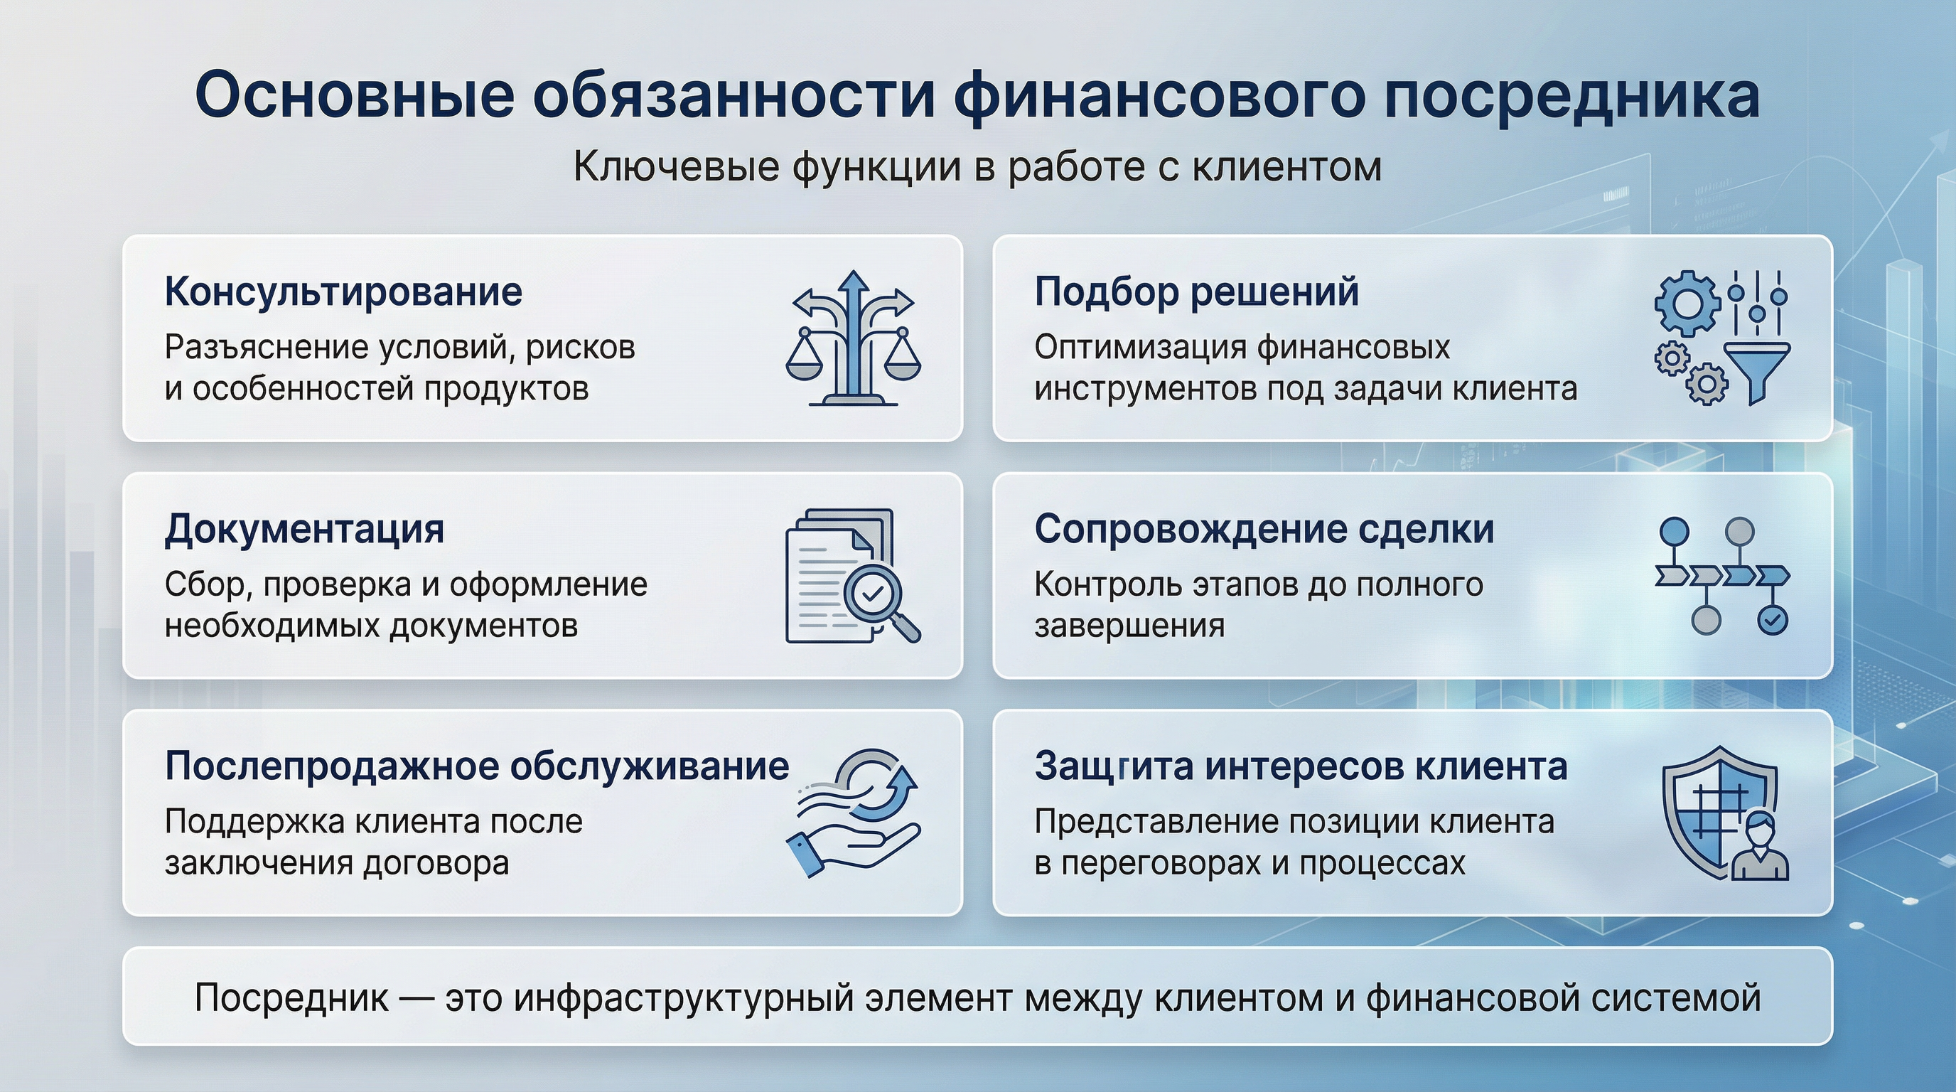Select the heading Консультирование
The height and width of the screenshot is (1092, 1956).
[x=343, y=292]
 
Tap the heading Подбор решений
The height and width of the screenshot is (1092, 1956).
[x=1196, y=292]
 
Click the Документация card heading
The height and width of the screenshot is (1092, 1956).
[x=303, y=530]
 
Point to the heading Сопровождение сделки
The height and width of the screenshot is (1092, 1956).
[x=1264, y=530]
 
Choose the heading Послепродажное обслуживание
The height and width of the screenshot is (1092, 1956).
[x=477, y=766]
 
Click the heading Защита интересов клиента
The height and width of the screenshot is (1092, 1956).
[x=1300, y=766]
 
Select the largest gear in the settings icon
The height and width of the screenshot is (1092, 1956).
[x=1687, y=303]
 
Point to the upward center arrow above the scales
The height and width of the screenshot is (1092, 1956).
[x=855, y=292]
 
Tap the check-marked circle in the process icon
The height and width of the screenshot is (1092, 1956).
[x=1772, y=621]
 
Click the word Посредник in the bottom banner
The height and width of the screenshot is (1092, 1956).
[x=291, y=998]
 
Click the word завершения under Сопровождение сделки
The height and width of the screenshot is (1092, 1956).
[x=1129, y=626]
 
